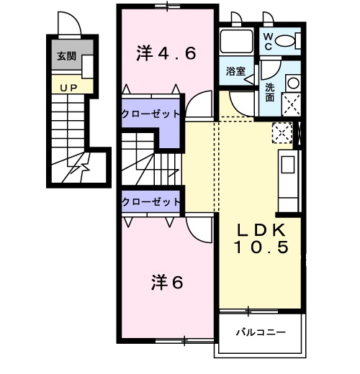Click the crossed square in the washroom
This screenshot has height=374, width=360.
click(293, 105)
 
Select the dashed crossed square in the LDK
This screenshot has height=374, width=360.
click(282, 132)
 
